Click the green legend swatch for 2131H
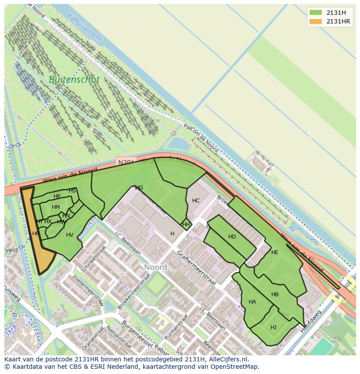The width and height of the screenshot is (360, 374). point(315,12)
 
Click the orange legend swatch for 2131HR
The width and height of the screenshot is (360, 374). point(315,21)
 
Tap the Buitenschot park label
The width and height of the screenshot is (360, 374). point(74,80)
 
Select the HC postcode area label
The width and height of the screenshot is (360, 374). point(196,201)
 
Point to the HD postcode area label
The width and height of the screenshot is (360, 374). point(232,237)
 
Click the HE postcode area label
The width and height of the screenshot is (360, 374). point(274,252)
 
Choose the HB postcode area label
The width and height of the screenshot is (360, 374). point(275,295)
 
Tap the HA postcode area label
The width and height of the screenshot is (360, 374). point(252,302)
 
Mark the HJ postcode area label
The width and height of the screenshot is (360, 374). point(273,328)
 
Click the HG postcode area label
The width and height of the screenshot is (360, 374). point(139,188)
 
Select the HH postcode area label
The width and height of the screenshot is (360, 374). point(186,225)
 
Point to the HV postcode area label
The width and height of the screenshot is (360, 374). point(70,235)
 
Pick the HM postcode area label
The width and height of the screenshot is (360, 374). point(56,207)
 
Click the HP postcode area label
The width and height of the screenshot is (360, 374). point(57,196)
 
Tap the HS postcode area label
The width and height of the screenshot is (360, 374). point(72,191)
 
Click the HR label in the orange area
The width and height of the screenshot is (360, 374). point(36,234)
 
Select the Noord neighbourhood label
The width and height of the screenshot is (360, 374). point(155,267)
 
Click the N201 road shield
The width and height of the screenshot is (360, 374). point(126,162)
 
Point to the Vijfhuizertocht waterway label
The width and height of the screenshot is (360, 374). point(85,27)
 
